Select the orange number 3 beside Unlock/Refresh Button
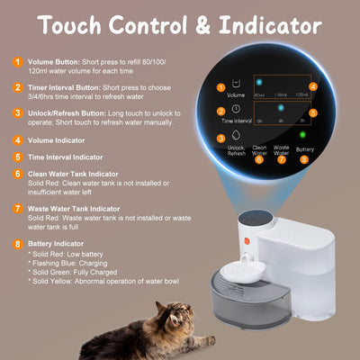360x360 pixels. tap(17, 113)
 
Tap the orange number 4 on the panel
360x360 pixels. tap(313, 87)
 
